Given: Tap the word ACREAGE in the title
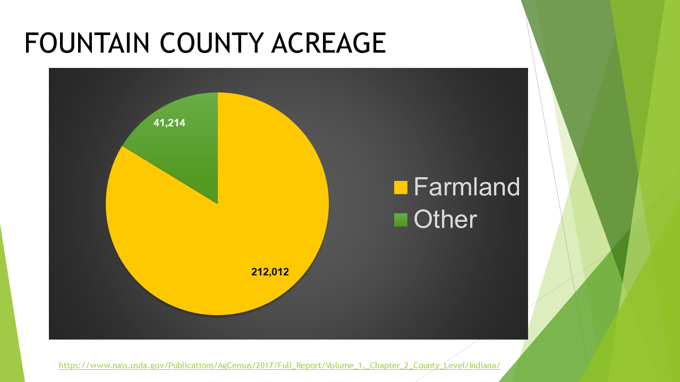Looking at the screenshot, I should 328,43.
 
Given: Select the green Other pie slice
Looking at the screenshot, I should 191,154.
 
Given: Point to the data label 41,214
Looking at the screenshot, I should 169,123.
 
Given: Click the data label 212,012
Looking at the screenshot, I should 270,272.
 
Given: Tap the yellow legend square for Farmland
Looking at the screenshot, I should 401,187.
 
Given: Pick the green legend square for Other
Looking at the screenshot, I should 401,220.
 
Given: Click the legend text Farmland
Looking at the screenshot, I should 466,187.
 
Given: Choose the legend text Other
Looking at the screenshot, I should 445,219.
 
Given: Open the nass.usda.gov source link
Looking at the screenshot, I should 279,366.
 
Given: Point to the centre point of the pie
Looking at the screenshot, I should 217,204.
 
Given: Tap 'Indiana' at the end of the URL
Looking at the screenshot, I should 483,366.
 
